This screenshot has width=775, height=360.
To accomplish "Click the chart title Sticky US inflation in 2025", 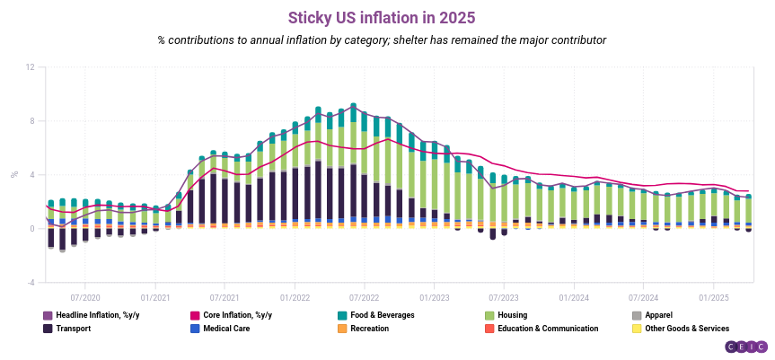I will click(x=381, y=17).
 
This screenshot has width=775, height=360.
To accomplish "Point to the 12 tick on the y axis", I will click(x=31, y=67).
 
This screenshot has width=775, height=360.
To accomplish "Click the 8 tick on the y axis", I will click(x=32, y=121).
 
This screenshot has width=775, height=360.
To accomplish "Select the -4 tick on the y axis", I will click(x=31, y=282).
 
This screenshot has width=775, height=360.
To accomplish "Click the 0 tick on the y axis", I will click(x=32, y=229).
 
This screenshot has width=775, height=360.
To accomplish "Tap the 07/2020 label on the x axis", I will click(x=84, y=296).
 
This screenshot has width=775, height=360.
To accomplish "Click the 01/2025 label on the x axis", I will click(x=713, y=296).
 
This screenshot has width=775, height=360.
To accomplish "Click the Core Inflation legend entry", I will click(x=236, y=315).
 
